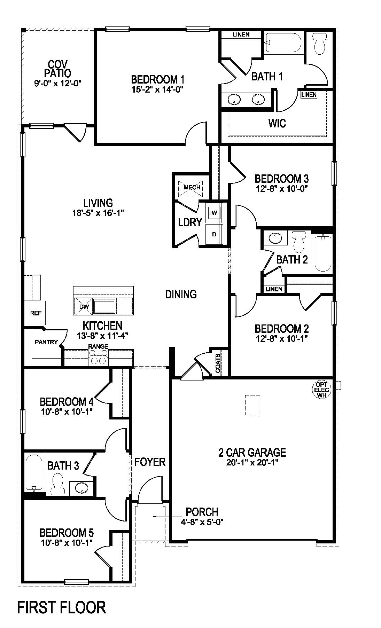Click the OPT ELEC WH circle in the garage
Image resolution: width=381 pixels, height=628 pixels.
coord(321,390)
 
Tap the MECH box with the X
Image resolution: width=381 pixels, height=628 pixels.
coord(192,187)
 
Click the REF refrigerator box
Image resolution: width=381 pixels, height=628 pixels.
coord(36,313)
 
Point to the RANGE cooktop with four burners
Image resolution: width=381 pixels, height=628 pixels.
coord(98,358)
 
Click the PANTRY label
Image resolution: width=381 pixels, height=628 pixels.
coord(46,342)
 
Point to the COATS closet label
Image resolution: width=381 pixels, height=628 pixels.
coord(218,363)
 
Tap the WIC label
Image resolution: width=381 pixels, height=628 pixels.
coord(277,123)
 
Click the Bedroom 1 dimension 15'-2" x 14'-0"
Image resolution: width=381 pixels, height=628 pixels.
coord(157,89)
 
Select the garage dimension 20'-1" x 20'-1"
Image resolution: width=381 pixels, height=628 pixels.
coord(252,462)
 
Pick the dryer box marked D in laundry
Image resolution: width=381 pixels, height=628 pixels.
coord(214,234)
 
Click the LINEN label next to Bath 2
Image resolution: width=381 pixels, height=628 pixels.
coord(274,289)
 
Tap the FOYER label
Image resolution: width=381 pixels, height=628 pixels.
coord(150,462)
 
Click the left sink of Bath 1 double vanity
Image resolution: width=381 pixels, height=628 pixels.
coord(234,100)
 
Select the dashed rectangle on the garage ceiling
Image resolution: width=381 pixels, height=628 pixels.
coord(252,405)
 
